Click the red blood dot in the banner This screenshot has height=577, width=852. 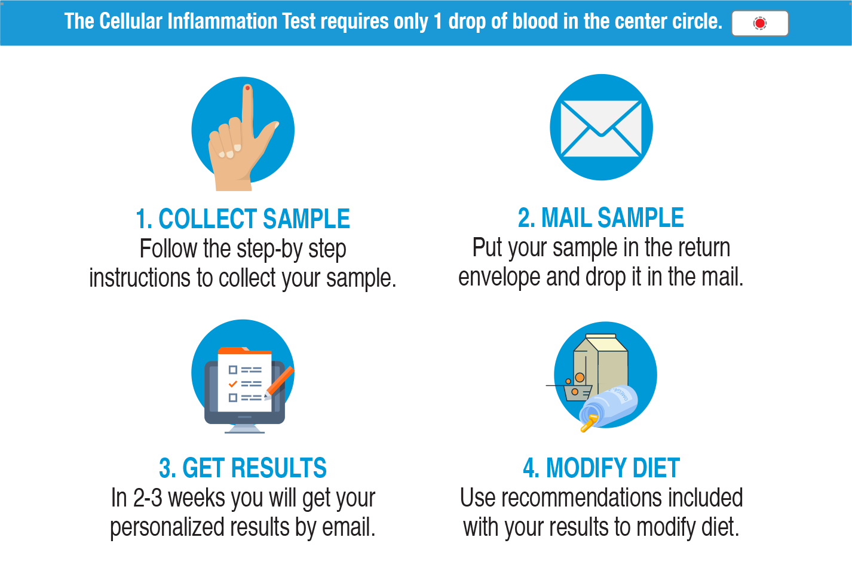[x=759, y=23]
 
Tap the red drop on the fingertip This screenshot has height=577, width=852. [x=247, y=88]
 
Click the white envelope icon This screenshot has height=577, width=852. [x=601, y=128]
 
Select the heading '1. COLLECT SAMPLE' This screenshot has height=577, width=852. [x=243, y=219]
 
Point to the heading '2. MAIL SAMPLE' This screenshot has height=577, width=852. [x=600, y=218]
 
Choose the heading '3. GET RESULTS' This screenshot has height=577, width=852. [x=243, y=468]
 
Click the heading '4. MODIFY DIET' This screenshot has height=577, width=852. [x=601, y=468]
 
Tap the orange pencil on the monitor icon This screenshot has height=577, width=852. [x=280, y=381]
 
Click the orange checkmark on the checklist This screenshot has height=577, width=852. [x=233, y=383]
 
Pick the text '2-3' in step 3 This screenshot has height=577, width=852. [x=148, y=498]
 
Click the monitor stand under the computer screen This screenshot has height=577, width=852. [x=244, y=428]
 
